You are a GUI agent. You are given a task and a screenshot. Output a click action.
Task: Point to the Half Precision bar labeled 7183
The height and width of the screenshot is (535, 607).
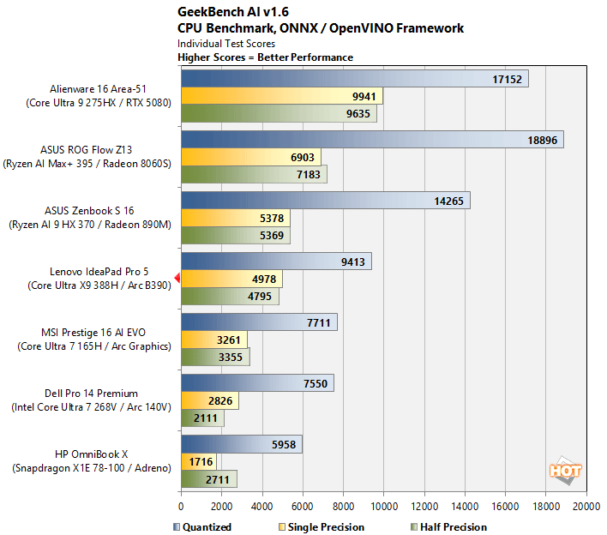254,174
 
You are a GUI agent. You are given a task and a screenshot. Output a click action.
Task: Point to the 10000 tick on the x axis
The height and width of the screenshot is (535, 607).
383,507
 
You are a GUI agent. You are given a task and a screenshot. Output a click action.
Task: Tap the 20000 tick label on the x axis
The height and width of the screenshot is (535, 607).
586,507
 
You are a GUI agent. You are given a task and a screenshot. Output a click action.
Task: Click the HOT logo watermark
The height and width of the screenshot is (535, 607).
565,471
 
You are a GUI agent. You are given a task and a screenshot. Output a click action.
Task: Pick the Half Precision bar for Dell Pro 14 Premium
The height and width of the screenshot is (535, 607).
202,418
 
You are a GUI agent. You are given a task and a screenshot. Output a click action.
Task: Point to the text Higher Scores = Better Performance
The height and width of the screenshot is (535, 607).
265,57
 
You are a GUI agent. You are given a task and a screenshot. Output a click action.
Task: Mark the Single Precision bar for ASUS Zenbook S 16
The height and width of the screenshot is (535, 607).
235,218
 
